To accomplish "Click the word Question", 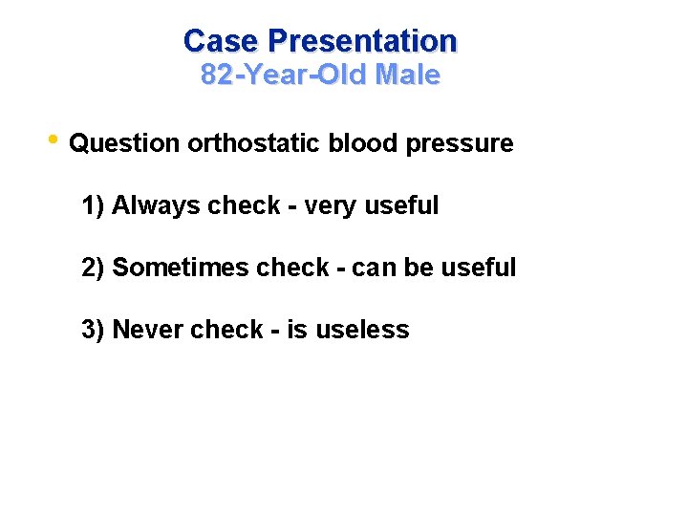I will pos(124,144).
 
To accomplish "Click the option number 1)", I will pos(94,206).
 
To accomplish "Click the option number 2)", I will pos(94,269).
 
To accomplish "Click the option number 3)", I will pos(94,331).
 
